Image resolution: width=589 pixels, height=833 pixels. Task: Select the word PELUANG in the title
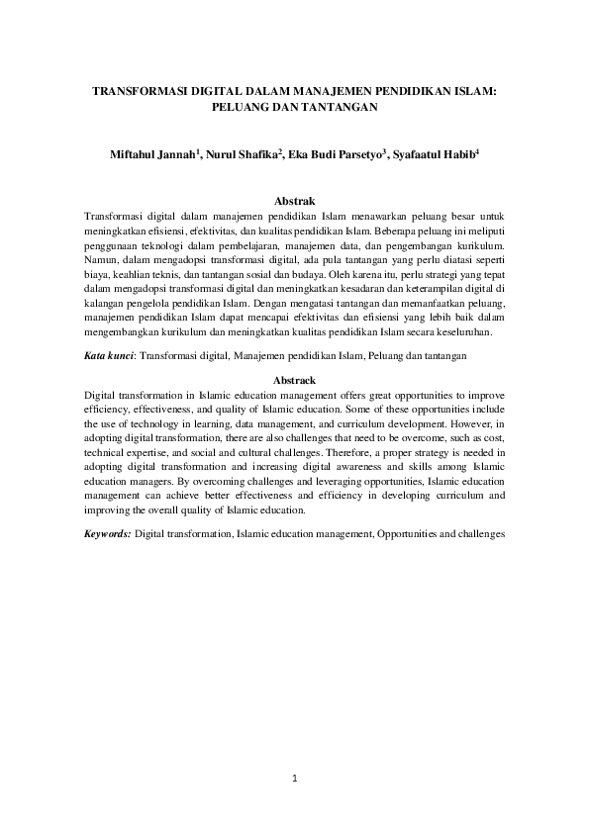240,104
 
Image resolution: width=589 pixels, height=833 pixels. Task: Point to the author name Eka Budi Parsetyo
334,156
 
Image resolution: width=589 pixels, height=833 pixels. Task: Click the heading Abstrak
294,201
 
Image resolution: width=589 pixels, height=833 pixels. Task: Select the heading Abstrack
294,380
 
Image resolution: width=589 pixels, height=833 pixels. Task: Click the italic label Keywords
107,533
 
